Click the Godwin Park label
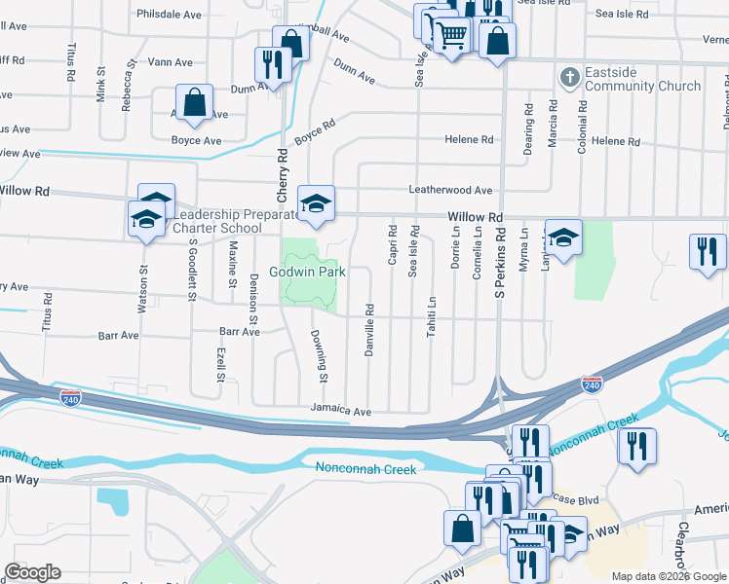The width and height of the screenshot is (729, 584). click(309, 272)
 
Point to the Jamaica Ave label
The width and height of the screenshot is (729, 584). click(341, 412)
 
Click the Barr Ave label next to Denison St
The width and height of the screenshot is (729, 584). click(240, 332)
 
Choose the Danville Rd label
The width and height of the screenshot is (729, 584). click(369, 331)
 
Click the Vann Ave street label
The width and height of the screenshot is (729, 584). click(171, 62)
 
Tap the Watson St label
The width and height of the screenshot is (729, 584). click(143, 290)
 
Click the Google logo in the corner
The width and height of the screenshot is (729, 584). click(32, 572)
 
